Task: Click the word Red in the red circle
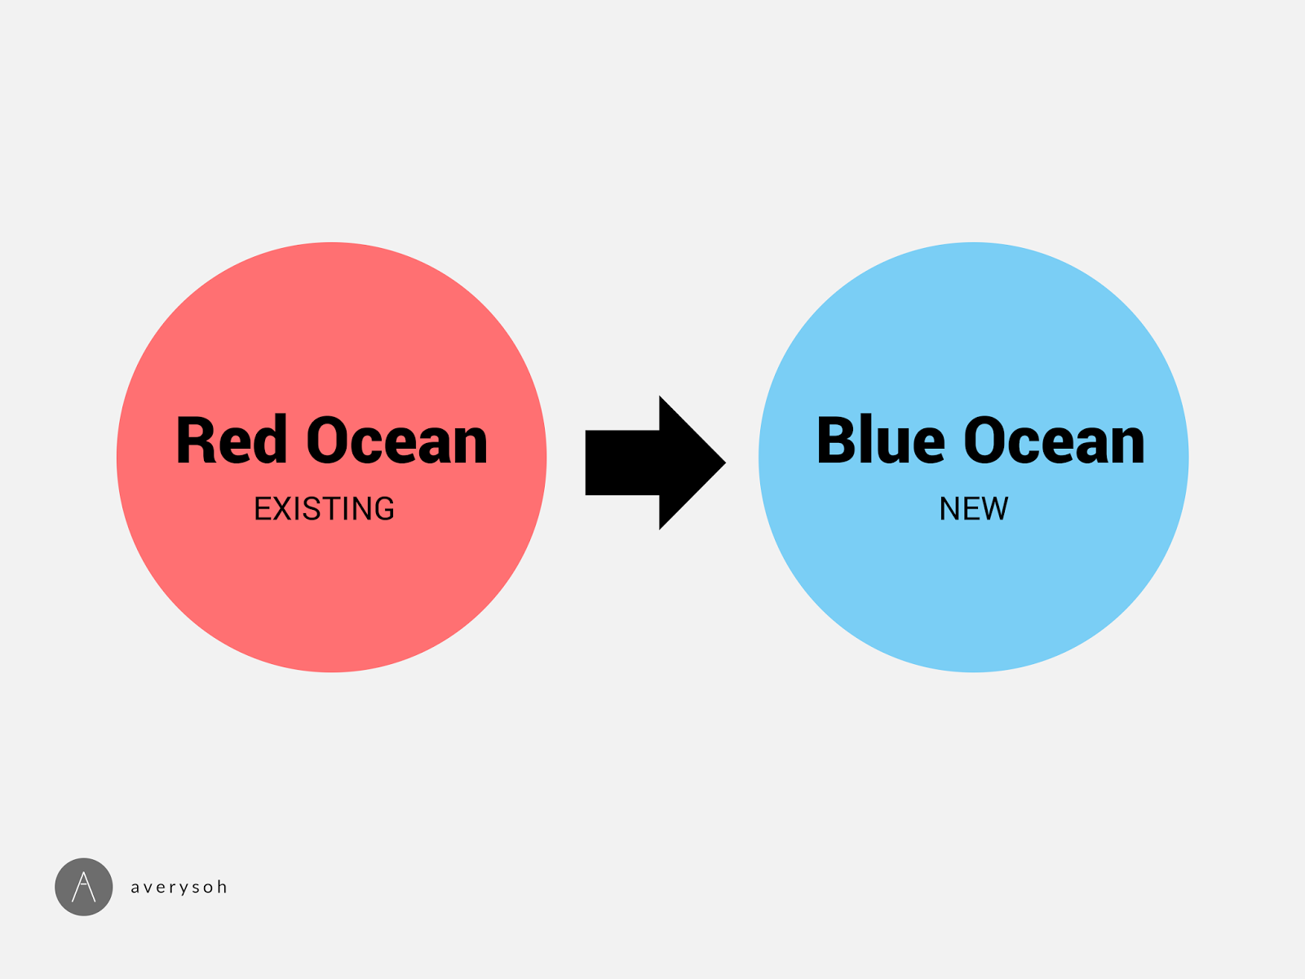point(232,441)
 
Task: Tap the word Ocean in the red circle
point(397,441)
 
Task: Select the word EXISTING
point(325,509)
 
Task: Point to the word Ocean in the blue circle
point(1055,441)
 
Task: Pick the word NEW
point(974,509)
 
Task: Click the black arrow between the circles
point(652,463)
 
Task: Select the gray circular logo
point(84,887)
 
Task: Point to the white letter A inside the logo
point(84,887)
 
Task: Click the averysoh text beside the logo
point(179,888)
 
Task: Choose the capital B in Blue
point(838,441)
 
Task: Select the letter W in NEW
point(994,509)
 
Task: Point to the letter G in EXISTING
point(384,509)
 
